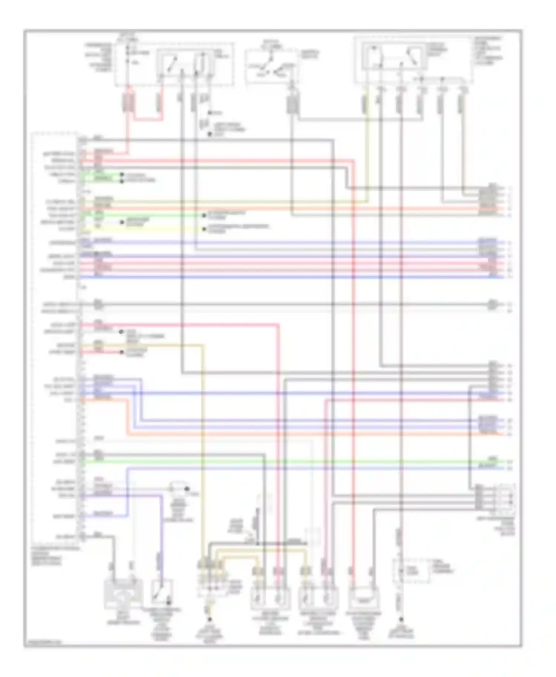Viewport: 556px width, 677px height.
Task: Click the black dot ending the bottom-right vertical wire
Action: point(401,619)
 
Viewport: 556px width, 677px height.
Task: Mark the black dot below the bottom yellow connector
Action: point(209,619)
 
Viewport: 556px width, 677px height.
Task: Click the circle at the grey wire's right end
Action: point(492,304)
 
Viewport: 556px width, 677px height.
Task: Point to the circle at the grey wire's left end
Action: point(97,304)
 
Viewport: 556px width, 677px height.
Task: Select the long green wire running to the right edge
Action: point(293,461)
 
